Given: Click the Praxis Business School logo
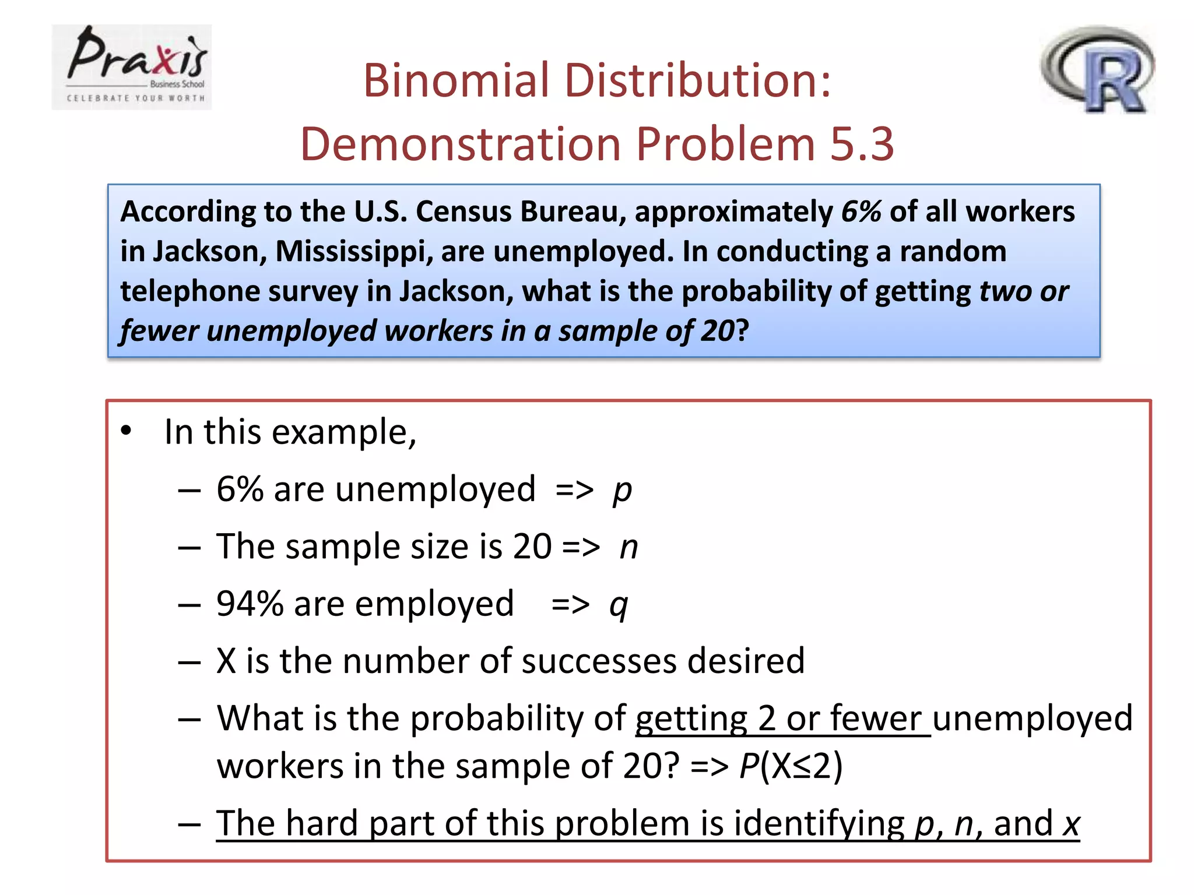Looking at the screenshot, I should pos(132,67).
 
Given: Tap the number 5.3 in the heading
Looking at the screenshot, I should pos(862,144).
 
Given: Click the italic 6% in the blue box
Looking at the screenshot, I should pos(861,211).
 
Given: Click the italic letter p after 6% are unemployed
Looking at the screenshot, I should pos(622,491).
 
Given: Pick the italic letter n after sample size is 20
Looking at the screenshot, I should pos(629,548).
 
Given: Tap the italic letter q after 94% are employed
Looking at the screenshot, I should pos(619,605).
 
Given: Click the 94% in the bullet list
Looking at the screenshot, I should pos(250,604).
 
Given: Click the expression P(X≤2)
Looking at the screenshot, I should pos(791,766).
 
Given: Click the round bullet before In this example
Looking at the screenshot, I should pos(127,432).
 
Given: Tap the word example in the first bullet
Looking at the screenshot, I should pos(344,433).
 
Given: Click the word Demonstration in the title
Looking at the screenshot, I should pos(461,144).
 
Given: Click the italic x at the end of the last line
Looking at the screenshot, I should pos(1071,824).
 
